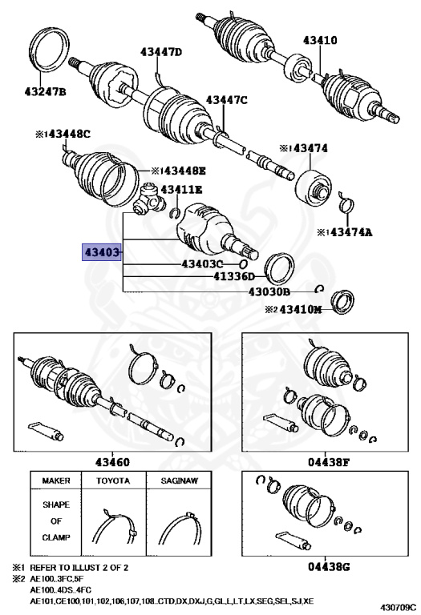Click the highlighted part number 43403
pos(102,252)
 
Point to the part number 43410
pos(320,39)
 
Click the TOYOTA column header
pos(113,484)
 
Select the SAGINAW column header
pos(177,484)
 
